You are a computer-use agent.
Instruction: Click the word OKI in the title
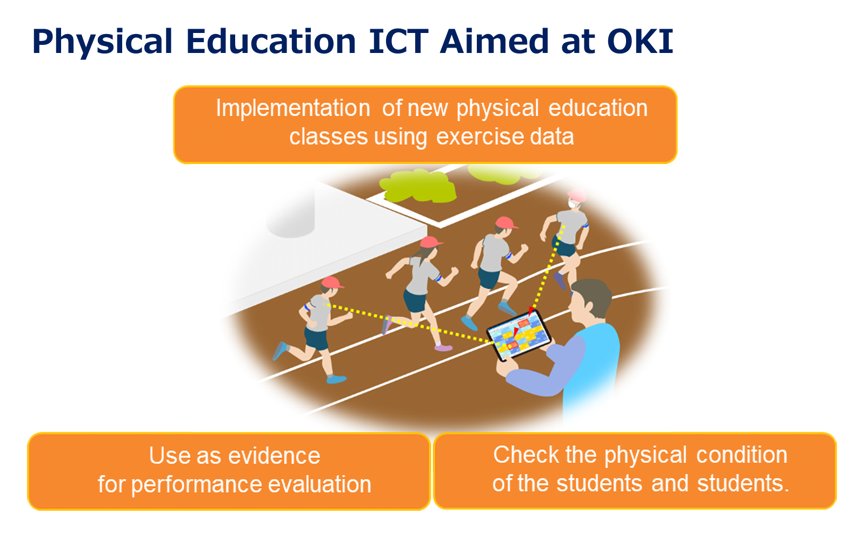640,41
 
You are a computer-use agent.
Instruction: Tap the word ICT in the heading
398,41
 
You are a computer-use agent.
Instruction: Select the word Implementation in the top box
292,108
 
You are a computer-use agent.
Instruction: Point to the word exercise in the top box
478,137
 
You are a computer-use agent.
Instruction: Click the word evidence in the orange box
274,456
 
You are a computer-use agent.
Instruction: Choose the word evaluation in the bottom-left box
320,484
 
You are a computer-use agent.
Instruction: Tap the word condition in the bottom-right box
742,455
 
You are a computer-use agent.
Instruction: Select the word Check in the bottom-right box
525,455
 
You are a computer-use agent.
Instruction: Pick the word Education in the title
271,41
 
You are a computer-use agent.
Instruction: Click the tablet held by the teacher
518,335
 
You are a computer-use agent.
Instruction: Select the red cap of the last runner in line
331,282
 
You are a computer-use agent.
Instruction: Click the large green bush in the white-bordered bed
418,186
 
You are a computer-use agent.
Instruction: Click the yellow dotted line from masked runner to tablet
547,269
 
